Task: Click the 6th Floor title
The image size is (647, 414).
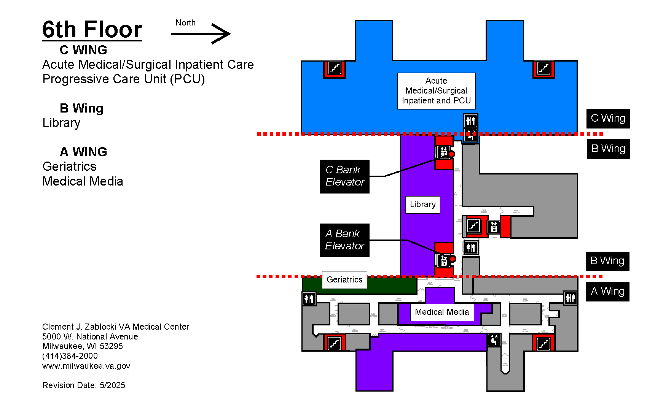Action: pyautogui.click(x=92, y=30)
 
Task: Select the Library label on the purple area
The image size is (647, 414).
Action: pyautogui.click(x=422, y=205)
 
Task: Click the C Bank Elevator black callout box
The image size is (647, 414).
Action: pyautogui.click(x=344, y=176)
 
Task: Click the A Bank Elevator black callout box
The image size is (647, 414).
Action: pyautogui.click(x=344, y=240)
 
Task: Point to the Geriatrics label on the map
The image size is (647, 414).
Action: pyautogui.click(x=344, y=280)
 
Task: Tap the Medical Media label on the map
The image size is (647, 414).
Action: pyautogui.click(x=441, y=312)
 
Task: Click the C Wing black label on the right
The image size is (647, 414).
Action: pyautogui.click(x=608, y=118)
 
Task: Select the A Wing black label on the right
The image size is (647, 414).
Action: pyautogui.click(x=607, y=291)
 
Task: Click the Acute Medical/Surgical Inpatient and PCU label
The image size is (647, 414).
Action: pyautogui.click(x=436, y=91)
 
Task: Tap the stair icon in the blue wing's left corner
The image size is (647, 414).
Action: pyautogui.click(x=335, y=69)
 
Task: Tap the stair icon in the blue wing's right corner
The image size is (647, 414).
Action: pyautogui.click(x=543, y=69)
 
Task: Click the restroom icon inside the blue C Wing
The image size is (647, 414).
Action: pyautogui.click(x=471, y=121)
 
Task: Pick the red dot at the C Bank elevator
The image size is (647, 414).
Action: pyautogui.click(x=451, y=154)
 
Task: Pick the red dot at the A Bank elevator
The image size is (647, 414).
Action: pyautogui.click(x=453, y=259)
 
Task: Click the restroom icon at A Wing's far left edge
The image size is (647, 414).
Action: pyautogui.click(x=309, y=298)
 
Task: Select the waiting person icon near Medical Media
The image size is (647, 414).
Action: pyautogui.click(x=494, y=339)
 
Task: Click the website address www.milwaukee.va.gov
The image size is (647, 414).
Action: pyautogui.click(x=86, y=366)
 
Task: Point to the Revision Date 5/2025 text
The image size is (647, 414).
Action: pyautogui.click(x=84, y=385)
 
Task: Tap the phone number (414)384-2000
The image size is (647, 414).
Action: pyautogui.click(x=70, y=356)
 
